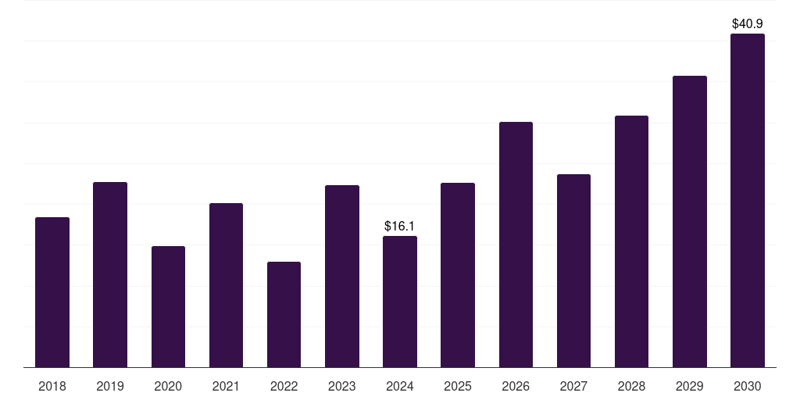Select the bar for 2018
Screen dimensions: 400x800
52,292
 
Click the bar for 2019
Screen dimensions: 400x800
110,275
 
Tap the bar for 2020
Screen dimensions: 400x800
168,307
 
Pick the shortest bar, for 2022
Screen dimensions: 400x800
284,315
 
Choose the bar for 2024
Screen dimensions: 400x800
400,302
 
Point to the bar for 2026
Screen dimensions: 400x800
516,245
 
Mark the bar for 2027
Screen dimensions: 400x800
573,271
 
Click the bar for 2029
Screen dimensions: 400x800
690,222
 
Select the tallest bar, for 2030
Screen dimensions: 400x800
748,201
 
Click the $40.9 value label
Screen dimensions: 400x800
748,24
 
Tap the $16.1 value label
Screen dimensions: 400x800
400,227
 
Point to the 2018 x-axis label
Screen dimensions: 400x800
52,387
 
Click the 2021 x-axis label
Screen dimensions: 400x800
226,387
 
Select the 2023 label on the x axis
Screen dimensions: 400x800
342,387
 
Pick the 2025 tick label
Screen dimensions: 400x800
458,387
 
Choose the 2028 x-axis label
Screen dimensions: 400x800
631,387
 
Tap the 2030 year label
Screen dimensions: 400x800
748,387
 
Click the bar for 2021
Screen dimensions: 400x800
226,285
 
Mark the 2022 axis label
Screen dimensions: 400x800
284,387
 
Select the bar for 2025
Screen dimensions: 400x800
458,275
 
